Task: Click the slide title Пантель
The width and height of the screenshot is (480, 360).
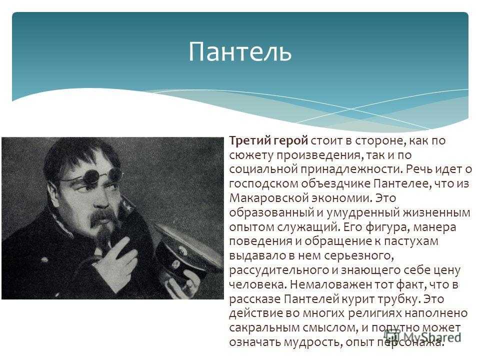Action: point(239,51)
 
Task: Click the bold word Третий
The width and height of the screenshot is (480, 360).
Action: point(249,140)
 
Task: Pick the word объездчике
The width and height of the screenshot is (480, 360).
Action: point(335,183)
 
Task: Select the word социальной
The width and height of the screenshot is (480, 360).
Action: point(263,169)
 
